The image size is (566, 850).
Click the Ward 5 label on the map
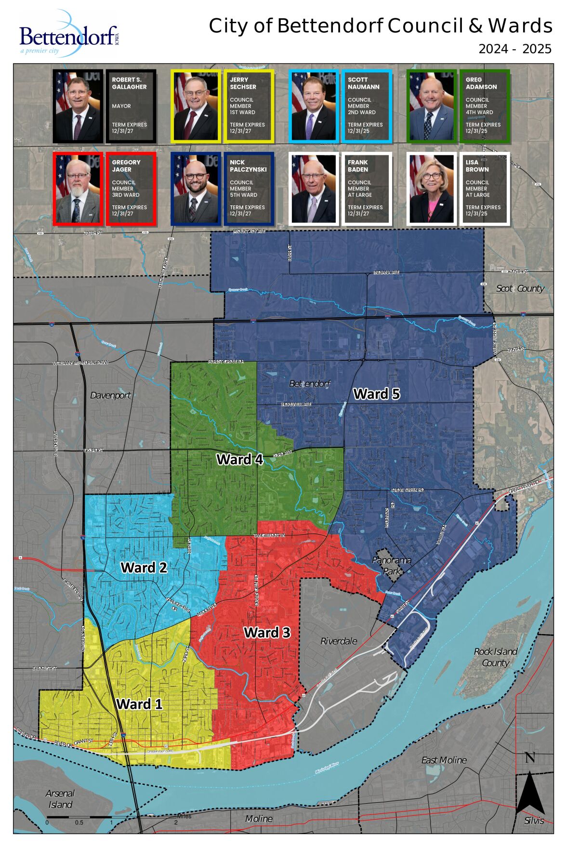377,394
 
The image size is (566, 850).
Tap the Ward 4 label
240,459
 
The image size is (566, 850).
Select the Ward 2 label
144,567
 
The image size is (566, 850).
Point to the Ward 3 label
267,632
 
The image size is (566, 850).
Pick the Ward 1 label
139,704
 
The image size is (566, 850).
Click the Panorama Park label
392,566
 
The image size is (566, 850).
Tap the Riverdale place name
339,641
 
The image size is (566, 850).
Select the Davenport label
110,395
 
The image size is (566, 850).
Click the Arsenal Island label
60,798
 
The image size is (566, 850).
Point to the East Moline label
444,760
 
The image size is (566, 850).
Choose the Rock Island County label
496,657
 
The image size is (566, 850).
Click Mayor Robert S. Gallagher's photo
78,107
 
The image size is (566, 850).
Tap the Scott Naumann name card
366,107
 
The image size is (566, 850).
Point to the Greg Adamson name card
484,107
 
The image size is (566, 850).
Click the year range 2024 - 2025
514,49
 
